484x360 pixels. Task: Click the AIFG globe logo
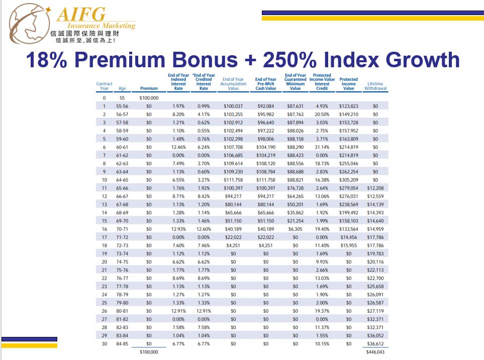(x=29, y=24)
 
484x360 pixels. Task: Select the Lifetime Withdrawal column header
(x=375, y=86)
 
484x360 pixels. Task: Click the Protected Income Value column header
(x=348, y=84)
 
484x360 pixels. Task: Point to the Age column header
(x=122, y=88)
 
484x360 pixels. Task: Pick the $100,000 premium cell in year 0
(x=149, y=98)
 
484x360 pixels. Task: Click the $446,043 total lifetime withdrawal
(x=375, y=352)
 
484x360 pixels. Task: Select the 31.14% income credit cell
(x=322, y=147)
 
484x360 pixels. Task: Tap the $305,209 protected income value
(x=348, y=180)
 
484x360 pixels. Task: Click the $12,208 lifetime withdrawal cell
(x=375, y=188)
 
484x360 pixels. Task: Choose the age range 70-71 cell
(x=122, y=229)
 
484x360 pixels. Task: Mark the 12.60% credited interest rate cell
(x=204, y=229)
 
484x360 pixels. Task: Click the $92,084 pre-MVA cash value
(x=266, y=106)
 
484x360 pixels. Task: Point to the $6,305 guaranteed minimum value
(x=296, y=229)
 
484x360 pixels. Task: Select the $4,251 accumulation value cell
(x=233, y=245)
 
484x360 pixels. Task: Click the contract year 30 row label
(x=105, y=343)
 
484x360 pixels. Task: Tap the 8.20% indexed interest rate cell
(x=178, y=114)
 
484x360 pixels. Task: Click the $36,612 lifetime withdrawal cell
(x=375, y=343)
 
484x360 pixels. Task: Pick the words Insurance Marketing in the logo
(x=101, y=26)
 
